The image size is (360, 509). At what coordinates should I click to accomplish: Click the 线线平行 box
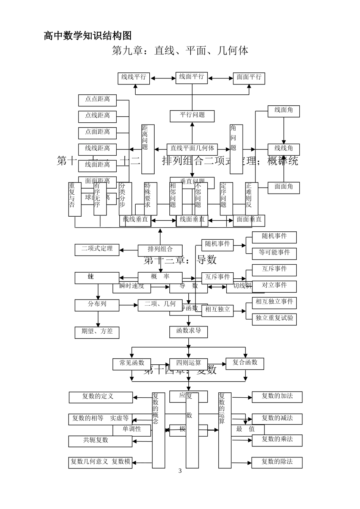(134, 78)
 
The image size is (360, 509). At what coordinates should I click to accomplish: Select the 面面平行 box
(249, 78)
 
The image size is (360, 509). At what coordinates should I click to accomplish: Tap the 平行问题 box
(192, 116)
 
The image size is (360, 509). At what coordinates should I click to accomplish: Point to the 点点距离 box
(97, 100)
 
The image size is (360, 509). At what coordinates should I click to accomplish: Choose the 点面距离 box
(97, 133)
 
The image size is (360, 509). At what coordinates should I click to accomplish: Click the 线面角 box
(283, 111)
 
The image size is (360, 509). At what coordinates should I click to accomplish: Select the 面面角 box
(283, 187)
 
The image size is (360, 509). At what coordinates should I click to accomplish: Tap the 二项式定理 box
(97, 250)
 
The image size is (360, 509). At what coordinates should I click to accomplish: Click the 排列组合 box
(160, 250)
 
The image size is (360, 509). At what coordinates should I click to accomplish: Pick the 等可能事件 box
(274, 253)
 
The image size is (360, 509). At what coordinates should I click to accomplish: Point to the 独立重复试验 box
(274, 319)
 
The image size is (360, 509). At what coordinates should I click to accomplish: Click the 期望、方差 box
(97, 332)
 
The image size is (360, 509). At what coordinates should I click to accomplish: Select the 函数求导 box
(188, 331)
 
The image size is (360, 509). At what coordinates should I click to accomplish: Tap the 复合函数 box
(245, 363)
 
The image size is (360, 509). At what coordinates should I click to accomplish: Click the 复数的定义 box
(101, 397)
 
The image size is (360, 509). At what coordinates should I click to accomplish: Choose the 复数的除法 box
(277, 462)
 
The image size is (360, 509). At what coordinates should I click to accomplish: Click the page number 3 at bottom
(180, 471)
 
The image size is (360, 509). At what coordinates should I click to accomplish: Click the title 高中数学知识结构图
(88, 36)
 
